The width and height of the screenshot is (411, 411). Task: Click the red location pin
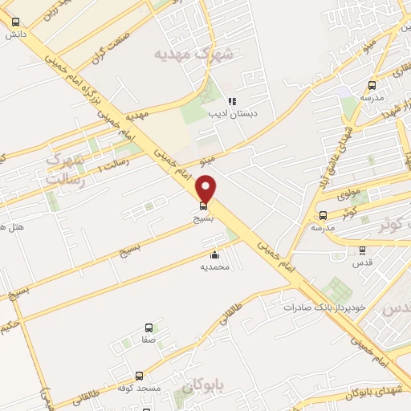click(x=206, y=189)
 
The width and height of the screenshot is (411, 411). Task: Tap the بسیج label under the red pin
click(x=202, y=217)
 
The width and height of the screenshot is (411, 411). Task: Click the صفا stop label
click(x=149, y=340)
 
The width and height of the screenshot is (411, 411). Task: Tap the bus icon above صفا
click(x=149, y=328)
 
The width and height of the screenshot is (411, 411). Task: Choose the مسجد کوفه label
click(x=140, y=389)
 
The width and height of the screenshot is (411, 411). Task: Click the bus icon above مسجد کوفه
click(x=140, y=376)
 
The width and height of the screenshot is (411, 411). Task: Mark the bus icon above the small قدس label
click(x=362, y=250)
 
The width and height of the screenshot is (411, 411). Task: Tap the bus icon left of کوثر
click(x=324, y=215)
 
